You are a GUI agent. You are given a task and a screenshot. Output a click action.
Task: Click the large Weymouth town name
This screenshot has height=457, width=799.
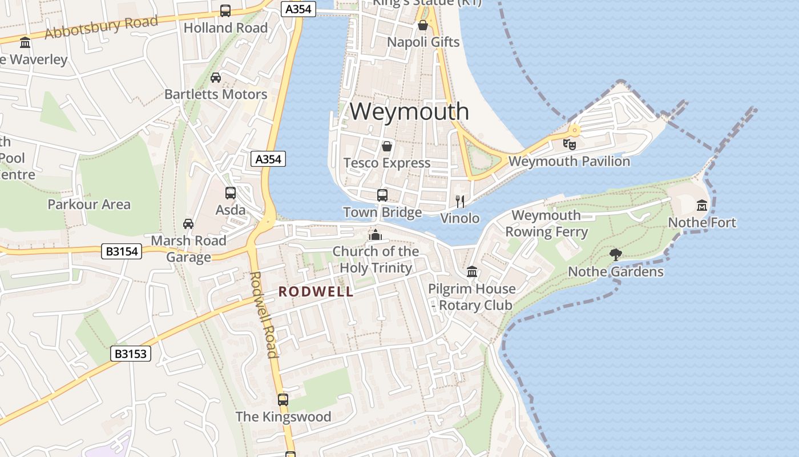[x=409, y=111]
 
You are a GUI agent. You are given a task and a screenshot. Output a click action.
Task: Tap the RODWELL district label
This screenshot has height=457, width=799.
[x=316, y=292]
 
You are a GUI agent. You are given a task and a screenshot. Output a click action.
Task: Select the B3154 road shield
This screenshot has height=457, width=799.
[x=122, y=251]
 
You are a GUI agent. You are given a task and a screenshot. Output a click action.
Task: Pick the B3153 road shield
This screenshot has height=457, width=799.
[x=131, y=354]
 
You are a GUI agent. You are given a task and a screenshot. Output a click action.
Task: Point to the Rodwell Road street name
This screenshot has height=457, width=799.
[x=264, y=314]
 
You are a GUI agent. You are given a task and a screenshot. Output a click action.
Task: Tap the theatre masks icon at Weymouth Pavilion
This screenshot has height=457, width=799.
[x=570, y=144]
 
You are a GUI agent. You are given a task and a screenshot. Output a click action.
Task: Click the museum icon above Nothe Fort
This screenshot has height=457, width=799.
[x=701, y=205]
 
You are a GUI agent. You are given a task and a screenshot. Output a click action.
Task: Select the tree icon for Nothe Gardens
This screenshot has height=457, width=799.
[x=615, y=254]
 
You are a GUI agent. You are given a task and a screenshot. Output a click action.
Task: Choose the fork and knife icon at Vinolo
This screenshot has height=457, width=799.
[x=460, y=201]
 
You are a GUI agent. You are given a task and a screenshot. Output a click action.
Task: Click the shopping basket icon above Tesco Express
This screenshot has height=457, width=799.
[x=387, y=146]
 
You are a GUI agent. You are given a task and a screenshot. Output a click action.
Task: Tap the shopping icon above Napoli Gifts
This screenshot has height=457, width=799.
[x=423, y=25]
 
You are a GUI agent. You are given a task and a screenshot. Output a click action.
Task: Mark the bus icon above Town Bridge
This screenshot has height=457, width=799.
[x=382, y=195]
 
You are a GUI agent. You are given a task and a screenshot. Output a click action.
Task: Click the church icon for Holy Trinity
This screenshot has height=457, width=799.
[x=376, y=235]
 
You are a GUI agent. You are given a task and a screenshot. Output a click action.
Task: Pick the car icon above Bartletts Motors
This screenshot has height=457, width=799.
[x=216, y=78]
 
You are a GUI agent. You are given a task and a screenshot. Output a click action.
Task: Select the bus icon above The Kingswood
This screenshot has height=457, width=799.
[x=283, y=400]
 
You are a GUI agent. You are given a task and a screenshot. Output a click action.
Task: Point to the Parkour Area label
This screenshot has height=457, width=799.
[x=89, y=204]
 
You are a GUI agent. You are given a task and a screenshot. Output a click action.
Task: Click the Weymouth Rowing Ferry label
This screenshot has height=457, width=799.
[x=546, y=223]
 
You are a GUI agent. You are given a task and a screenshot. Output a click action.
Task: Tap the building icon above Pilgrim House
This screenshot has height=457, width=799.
[x=472, y=272]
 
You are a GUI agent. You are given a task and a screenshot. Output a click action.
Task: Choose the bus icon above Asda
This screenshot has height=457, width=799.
[x=231, y=193]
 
